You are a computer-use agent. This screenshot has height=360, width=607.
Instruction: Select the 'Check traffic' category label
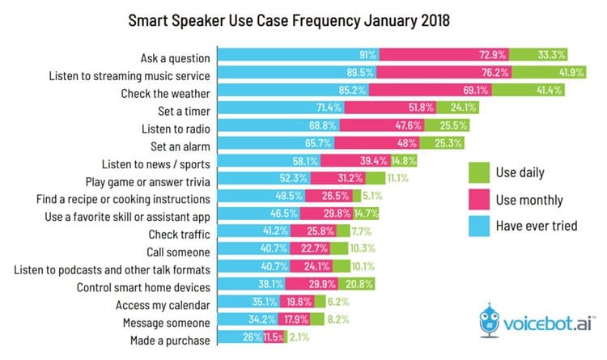178,234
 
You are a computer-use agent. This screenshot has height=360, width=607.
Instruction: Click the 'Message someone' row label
168,323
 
